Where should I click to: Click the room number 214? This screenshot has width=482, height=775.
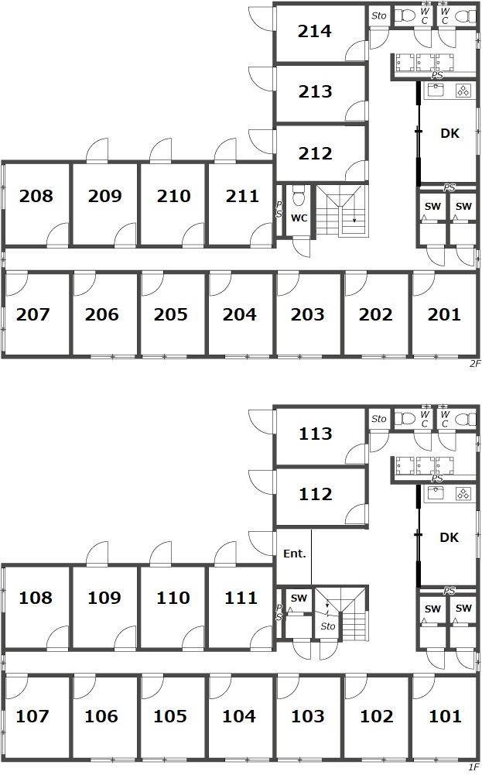[x=315, y=31]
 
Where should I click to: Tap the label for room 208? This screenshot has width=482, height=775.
[x=36, y=196]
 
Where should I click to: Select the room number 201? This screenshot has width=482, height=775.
[x=444, y=314]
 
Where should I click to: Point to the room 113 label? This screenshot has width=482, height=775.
[x=315, y=434]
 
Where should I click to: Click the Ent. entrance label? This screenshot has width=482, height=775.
[x=294, y=554]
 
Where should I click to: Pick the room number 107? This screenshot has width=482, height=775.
[x=32, y=716]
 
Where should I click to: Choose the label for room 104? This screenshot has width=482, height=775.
[x=239, y=716]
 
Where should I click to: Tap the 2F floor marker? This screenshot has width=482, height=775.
[x=474, y=364]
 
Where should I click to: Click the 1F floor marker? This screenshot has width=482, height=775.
[x=474, y=767]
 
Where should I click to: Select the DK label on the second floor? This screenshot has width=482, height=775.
[x=450, y=133]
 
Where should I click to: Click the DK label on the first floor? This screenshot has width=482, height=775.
[x=449, y=537]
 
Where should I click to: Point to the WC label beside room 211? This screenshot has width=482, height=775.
[x=299, y=218]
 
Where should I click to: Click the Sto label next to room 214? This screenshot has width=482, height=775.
[x=379, y=15]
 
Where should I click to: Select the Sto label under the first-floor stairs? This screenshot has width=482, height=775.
[x=328, y=626]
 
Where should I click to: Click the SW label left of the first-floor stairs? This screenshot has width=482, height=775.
[x=299, y=598]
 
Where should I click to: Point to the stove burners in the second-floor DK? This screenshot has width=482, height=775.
[x=463, y=91]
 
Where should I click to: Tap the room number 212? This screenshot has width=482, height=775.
[x=315, y=153]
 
